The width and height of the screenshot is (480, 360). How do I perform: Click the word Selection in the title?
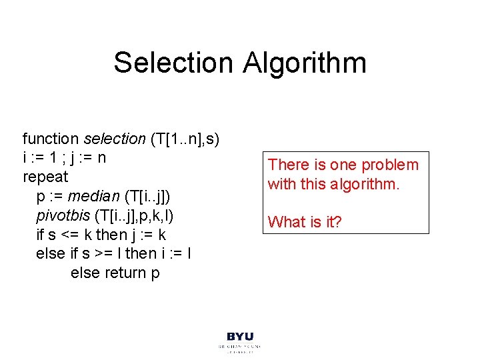(x=173, y=63)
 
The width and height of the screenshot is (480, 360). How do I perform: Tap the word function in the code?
(x=51, y=139)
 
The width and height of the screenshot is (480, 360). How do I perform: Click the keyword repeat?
(x=45, y=177)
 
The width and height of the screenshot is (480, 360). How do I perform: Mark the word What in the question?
(x=285, y=221)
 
